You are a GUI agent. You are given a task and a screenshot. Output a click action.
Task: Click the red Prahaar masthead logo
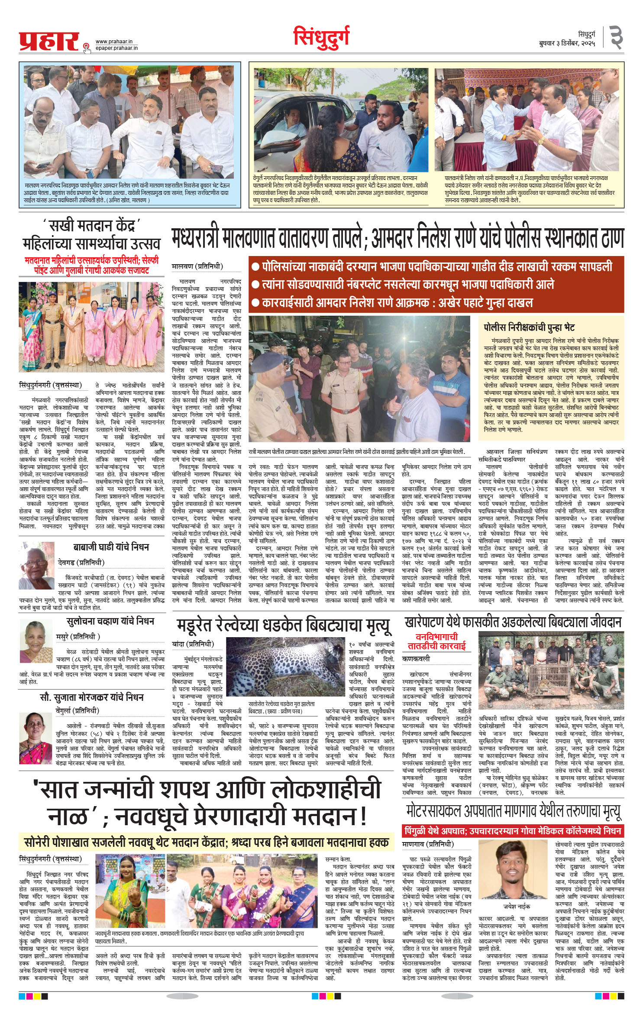pos(49,41)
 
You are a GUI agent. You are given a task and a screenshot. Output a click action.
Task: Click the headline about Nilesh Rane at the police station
pos(397,238)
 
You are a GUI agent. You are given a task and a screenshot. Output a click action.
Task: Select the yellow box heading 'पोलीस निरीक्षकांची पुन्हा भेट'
pos(529,327)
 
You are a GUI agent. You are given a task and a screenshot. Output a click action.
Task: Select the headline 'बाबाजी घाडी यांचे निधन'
pos(111,547)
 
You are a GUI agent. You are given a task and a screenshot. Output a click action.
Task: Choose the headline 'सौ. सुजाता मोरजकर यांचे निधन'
pos(92,697)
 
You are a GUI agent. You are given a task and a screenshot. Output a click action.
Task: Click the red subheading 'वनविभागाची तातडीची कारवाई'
pos(436,642)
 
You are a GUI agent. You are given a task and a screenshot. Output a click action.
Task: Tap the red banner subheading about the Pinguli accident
pos(513,831)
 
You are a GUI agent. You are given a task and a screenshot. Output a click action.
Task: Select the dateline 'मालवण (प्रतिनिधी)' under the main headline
pos(197,266)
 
